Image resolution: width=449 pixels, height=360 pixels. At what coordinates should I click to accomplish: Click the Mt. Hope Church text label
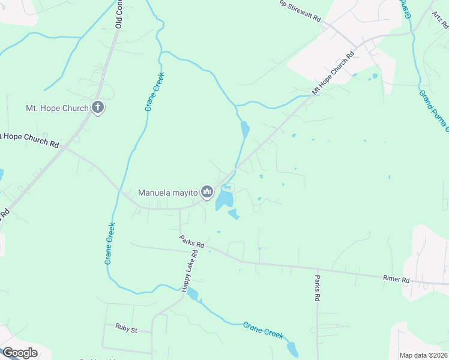coord(56,109)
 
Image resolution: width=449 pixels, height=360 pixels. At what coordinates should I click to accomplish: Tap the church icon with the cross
coord(98,108)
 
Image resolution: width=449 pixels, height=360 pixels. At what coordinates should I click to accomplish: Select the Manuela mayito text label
coord(168,193)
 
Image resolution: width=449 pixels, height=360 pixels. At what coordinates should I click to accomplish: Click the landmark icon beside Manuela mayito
coord(207,192)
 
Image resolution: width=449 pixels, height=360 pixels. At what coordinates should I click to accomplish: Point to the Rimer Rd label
coord(396,280)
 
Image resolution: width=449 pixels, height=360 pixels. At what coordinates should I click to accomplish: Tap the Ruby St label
coord(127,329)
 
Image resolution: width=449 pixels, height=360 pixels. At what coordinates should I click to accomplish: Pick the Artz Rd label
coord(441,20)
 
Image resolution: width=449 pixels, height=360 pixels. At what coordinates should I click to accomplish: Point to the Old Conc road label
coord(119,14)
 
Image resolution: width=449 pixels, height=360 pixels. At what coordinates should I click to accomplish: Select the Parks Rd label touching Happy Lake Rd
coord(192,241)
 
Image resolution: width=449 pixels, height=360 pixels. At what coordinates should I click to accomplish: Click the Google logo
coord(20,353)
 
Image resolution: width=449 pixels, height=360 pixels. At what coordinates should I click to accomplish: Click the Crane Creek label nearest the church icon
coord(154,92)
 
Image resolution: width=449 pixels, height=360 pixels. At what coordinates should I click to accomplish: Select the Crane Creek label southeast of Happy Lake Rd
coord(263,331)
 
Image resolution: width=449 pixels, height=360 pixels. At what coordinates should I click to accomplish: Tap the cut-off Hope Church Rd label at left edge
coord(30,140)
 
